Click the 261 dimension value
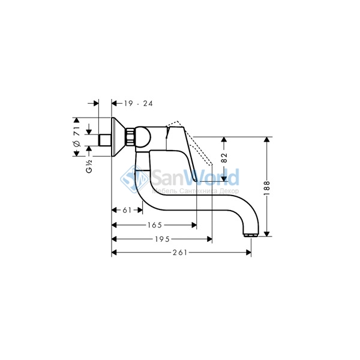pos(180,253)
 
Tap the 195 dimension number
pos(162,239)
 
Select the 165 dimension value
pos(155,225)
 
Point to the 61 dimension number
pos(127,210)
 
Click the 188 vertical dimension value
pos(266,188)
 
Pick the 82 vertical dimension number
pos(224,158)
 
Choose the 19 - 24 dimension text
pos(139,104)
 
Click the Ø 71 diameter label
pos(77,136)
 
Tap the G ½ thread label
pos(89,166)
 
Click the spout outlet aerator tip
pos(251,235)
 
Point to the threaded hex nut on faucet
pos(130,137)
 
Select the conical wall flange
pos(119,137)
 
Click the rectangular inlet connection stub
pos(105,140)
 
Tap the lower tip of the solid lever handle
pos(196,181)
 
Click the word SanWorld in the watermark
pos(195,177)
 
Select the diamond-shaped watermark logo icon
pos(134,179)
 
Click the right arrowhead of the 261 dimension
pos(248,253)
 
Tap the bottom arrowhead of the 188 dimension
pos(266,234)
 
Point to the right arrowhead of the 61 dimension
pos(140,210)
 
